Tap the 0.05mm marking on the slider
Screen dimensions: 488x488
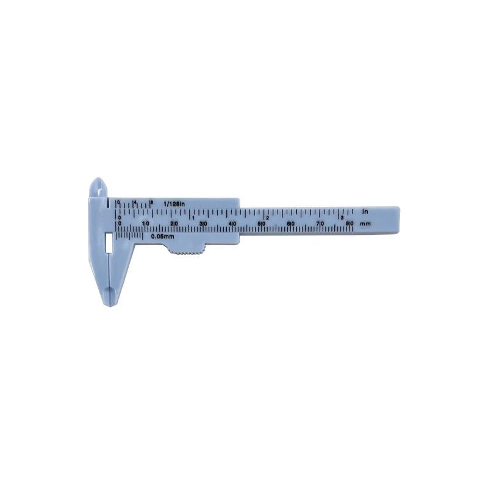click(163, 236)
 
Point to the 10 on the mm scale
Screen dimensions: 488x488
click(146, 224)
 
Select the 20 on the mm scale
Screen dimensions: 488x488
click(174, 224)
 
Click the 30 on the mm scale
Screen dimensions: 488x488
click(204, 224)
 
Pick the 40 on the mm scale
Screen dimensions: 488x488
click(233, 224)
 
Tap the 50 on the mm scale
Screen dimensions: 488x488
click(262, 224)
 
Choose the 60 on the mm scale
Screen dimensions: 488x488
click(292, 224)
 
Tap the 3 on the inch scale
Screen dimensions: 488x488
click(342, 217)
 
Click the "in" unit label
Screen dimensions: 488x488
click(365, 211)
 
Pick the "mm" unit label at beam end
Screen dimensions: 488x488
click(365, 224)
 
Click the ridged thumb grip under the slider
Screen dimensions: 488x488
click(185, 249)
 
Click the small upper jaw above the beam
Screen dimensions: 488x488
click(98, 187)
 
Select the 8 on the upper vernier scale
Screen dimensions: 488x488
click(151, 201)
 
